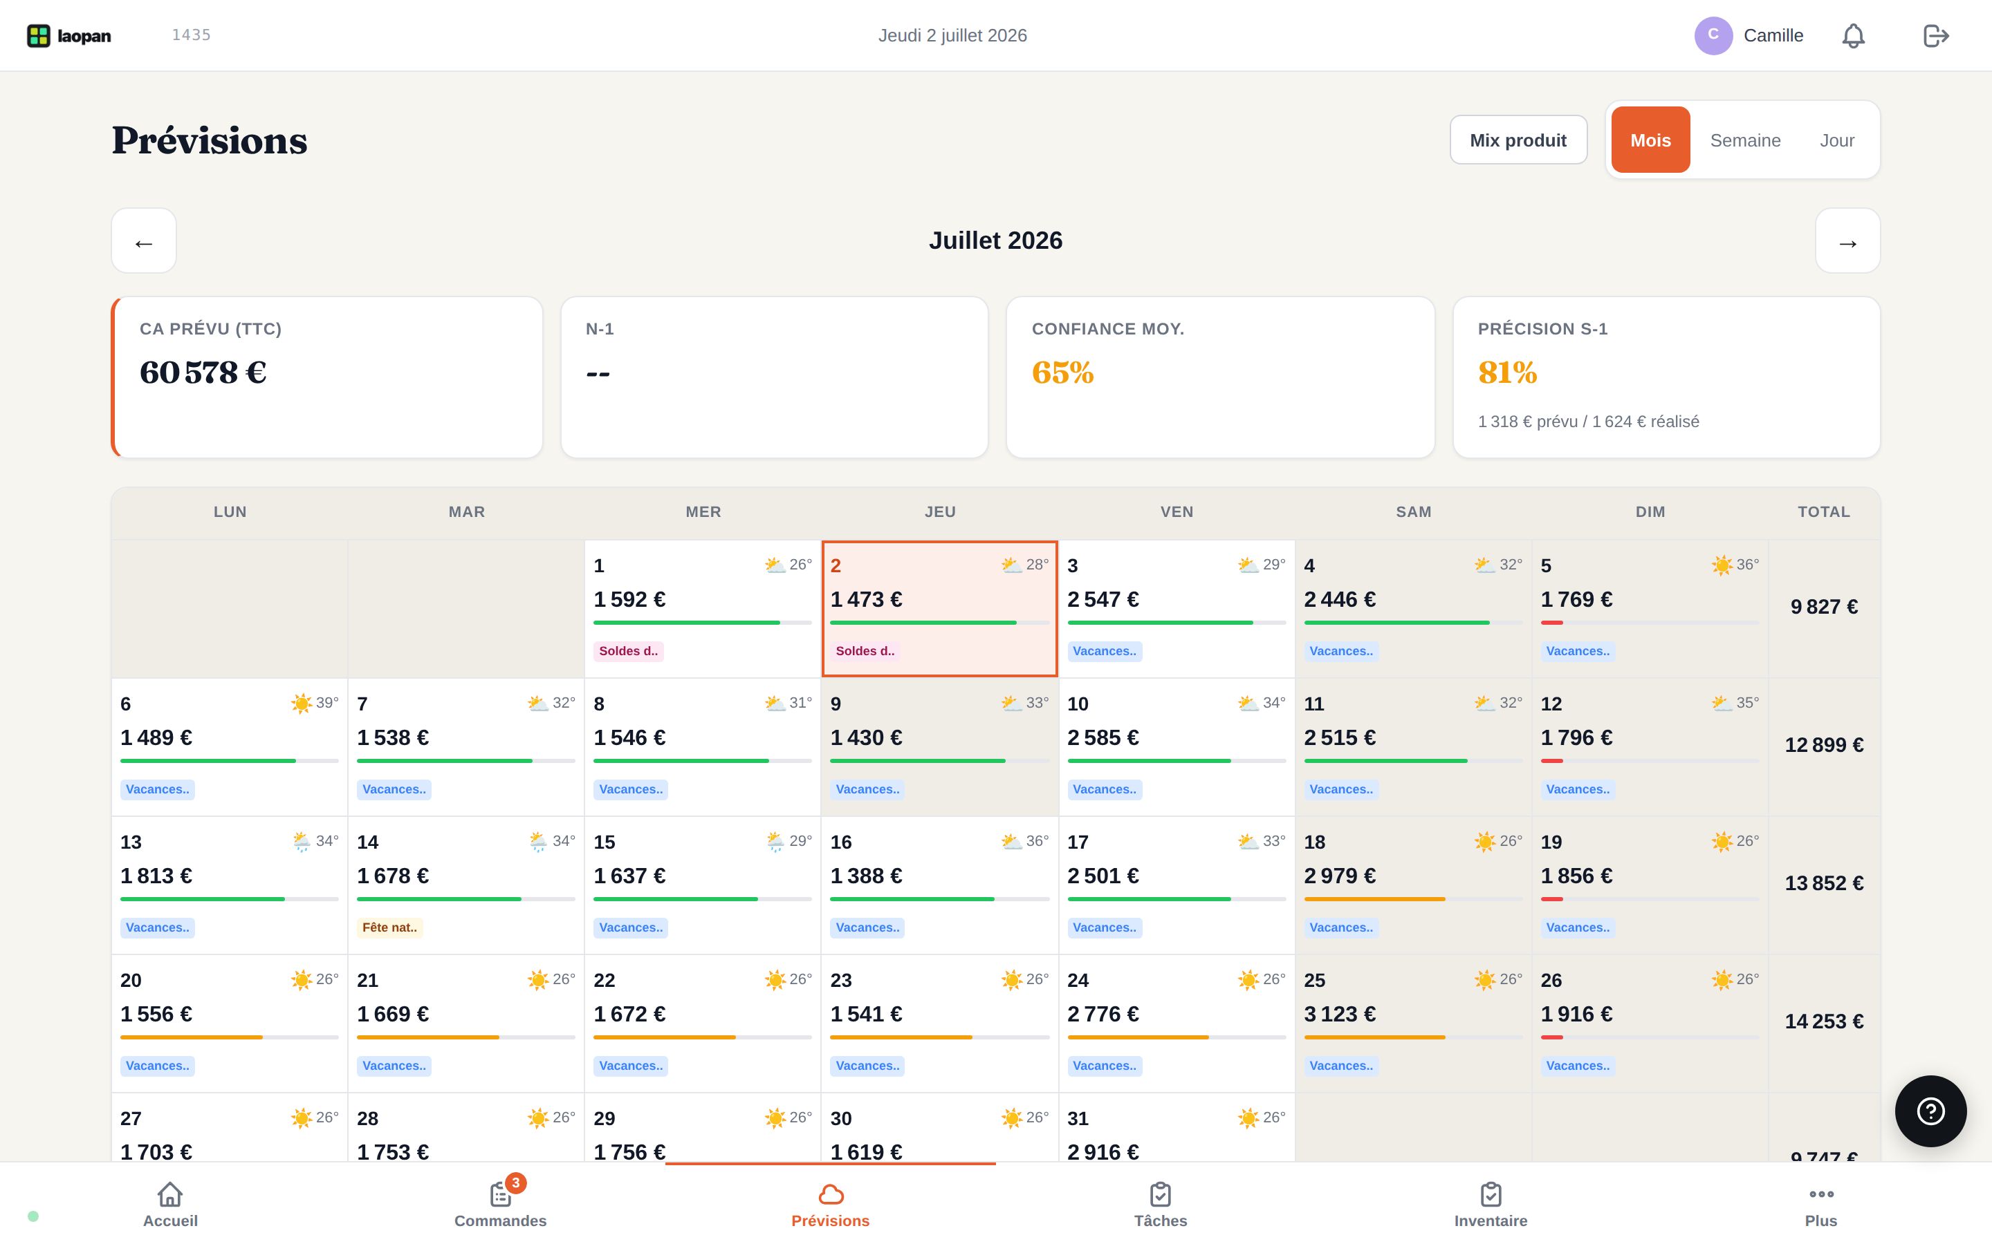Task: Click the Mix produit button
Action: pyautogui.click(x=1518, y=140)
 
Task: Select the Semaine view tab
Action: pyautogui.click(x=1745, y=140)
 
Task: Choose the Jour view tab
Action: pyautogui.click(x=1836, y=140)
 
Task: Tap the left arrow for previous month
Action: pyautogui.click(x=144, y=241)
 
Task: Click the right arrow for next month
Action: pyautogui.click(x=1847, y=241)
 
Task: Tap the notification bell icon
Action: pyautogui.click(x=1853, y=35)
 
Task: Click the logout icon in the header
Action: pyautogui.click(x=1936, y=35)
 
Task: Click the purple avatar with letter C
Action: pyautogui.click(x=1713, y=35)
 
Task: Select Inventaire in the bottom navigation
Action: pyautogui.click(x=1491, y=1202)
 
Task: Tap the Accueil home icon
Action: pyautogui.click(x=170, y=1194)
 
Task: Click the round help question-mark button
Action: pyautogui.click(x=1930, y=1111)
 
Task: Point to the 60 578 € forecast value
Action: pyautogui.click(x=203, y=373)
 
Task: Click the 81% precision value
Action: pyautogui.click(x=1507, y=373)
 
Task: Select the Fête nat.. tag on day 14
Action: pyautogui.click(x=390, y=927)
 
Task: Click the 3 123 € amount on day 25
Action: pyautogui.click(x=1339, y=1014)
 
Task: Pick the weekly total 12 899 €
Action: pyautogui.click(x=1823, y=744)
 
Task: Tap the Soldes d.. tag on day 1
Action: pyautogui.click(x=629, y=651)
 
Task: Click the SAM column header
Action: pyautogui.click(x=1413, y=511)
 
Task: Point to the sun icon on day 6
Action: pyautogui.click(x=302, y=704)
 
